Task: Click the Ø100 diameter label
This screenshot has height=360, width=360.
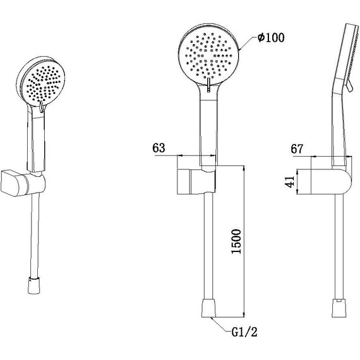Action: coord(271,37)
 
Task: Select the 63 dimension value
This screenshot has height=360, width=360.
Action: coord(159,148)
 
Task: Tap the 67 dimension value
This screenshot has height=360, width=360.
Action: coord(297,149)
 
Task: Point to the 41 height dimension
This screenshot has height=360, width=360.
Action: coord(290,182)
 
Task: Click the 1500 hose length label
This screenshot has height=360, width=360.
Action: coord(236,241)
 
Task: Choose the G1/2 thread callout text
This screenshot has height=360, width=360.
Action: coord(244,332)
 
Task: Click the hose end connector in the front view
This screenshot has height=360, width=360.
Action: coord(208,308)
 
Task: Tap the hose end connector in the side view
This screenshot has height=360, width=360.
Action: coord(339,308)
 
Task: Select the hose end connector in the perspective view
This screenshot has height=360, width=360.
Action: coord(35,285)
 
